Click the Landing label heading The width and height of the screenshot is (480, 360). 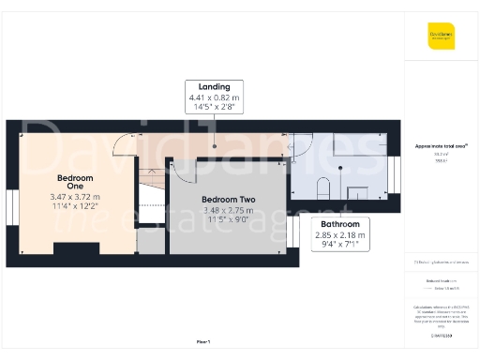tap(214, 87)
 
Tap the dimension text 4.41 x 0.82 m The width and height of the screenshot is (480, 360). tap(214, 97)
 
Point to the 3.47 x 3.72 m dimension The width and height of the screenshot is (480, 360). tap(74, 197)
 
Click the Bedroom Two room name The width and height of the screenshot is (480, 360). tap(228, 199)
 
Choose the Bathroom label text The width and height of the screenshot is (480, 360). tap(339, 225)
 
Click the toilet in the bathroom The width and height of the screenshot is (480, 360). tap(322, 185)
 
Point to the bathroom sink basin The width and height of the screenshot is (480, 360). tap(357, 193)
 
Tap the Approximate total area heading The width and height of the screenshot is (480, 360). tap(442, 146)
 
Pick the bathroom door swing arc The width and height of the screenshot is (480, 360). tap(302, 144)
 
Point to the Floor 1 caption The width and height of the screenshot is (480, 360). tap(202, 341)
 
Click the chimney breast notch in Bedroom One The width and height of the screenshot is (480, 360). tap(71, 247)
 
